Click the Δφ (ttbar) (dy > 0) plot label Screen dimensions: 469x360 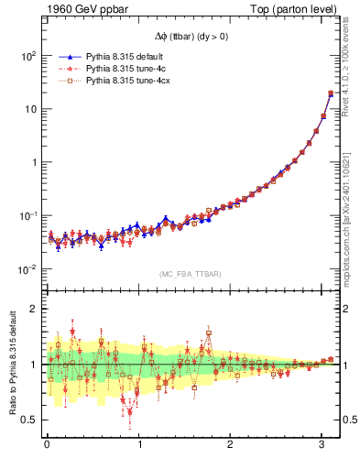191,38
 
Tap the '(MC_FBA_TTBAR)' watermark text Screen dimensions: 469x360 191,274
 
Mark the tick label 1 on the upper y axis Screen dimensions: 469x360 33,162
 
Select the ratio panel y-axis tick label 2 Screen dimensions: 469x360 33,309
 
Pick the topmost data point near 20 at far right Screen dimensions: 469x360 331,93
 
